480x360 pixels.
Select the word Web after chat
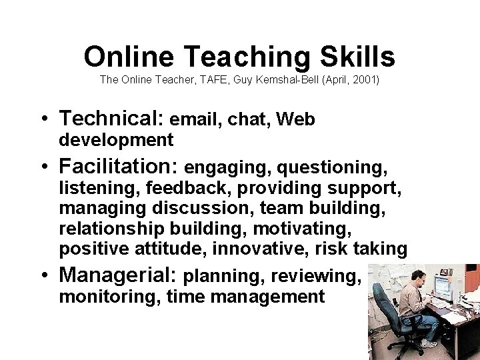pos(295,120)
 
